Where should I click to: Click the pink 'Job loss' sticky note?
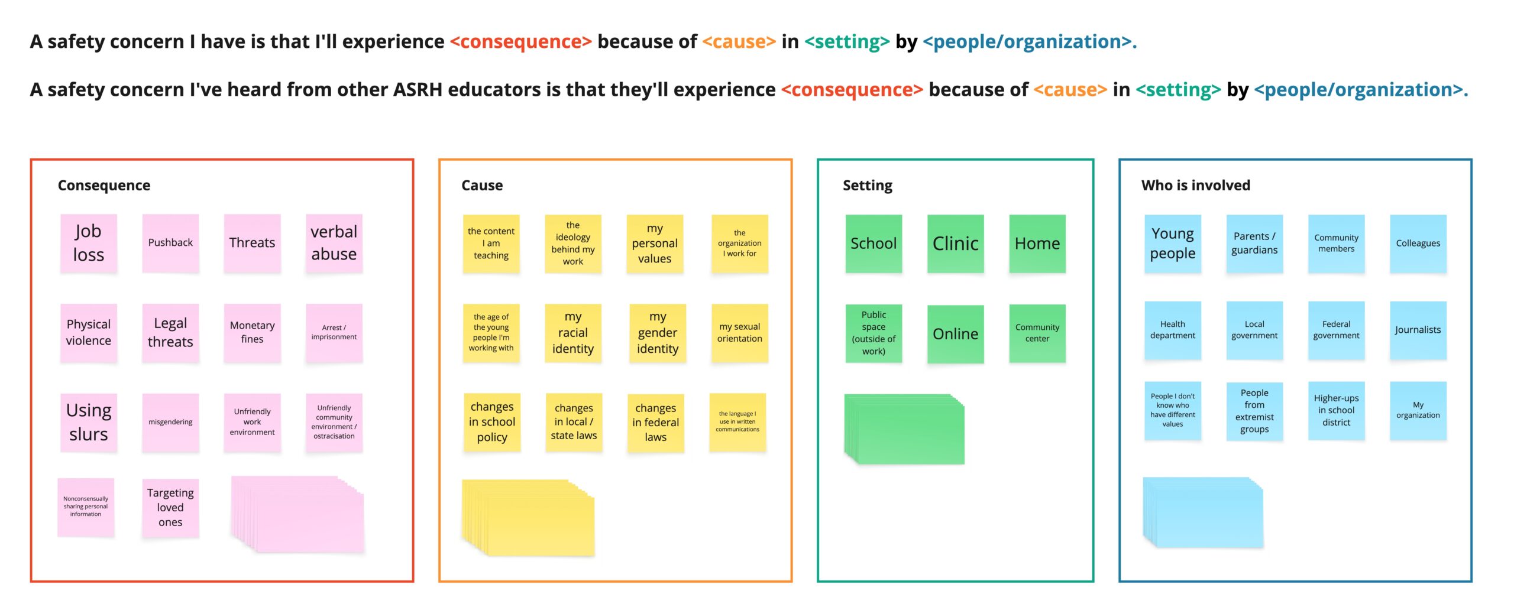click(x=88, y=243)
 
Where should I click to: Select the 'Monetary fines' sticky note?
click(x=252, y=332)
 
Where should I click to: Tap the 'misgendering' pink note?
click(x=170, y=422)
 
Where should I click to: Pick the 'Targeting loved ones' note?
click(x=170, y=507)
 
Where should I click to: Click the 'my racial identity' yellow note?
click(x=572, y=333)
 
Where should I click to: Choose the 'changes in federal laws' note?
click(x=655, y=423)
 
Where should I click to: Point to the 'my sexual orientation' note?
click(x=739, y=333)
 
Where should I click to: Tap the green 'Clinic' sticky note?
click(x=955, y=244)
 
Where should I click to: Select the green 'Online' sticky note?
click(x=955, y=334)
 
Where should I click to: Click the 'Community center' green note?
click(x=1037, y=333)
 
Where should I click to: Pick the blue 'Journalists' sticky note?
click(x=1418, y=330)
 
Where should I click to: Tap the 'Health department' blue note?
click(x=1172, y=330)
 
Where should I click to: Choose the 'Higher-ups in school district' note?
click(x=1336, y=410)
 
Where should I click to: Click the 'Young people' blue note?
click(x=1172, y=244)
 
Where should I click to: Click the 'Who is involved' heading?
click(x=1195, y=186)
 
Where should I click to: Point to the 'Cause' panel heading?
click(x=482, y=186)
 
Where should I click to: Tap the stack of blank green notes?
click(x=905, y=429)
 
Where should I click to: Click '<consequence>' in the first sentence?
click(x=520, y=42)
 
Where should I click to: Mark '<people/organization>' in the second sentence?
click(x=1360, y=90)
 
